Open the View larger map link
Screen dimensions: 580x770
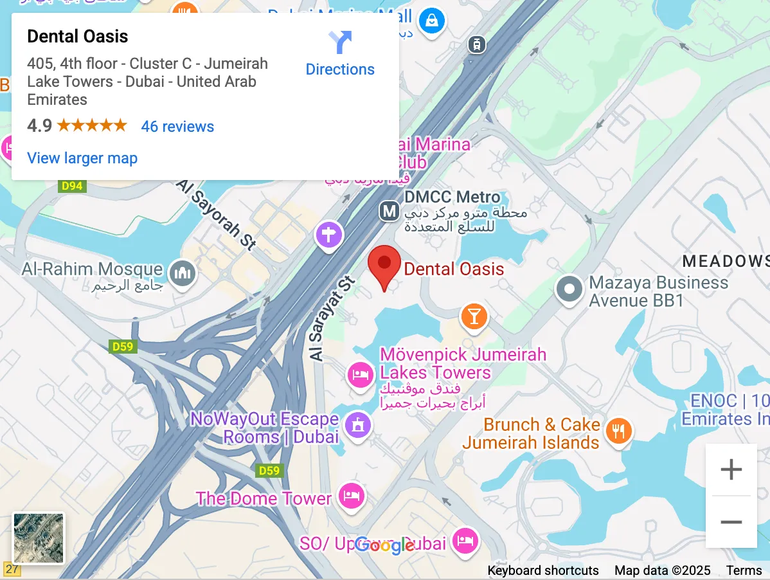pos(82,158)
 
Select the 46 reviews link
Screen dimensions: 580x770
pos(177,126)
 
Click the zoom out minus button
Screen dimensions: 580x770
pos(731,522)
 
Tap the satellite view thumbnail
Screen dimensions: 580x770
pos(39,538)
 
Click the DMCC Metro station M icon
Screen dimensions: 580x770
pos(388,210)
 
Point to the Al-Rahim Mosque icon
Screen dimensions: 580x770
pos(182,273)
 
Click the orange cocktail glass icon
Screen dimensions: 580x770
pos(474,316)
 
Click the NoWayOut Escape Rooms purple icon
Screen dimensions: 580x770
pos(358,424)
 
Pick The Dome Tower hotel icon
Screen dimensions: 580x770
pos(352,496)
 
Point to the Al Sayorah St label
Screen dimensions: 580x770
pos(216,215)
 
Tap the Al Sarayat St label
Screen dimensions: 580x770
pos(332,318)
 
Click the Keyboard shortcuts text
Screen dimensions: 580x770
pos(543,570)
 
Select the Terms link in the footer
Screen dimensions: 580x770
pos(744,570)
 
